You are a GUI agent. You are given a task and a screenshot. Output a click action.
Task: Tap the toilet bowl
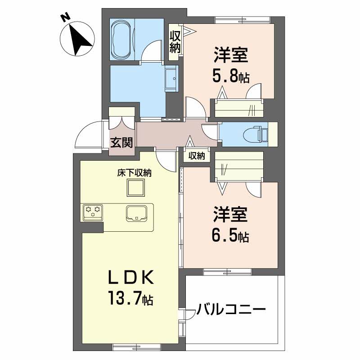(253, 134)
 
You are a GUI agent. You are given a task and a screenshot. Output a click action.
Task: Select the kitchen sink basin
(136, 213)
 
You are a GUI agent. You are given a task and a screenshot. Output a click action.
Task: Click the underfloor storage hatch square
(136, 188)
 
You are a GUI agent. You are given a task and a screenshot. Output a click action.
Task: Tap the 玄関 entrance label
(121, 143)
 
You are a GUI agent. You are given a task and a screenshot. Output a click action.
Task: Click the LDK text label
(131, 278)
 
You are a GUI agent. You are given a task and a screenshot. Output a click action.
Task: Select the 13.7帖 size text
(131, 297)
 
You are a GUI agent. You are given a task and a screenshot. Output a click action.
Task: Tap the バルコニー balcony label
(231, 309)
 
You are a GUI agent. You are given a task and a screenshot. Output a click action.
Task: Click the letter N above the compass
(66, 18)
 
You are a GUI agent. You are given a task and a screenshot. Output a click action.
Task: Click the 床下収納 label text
(134, 173)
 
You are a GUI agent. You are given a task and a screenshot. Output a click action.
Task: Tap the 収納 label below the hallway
(197, 156)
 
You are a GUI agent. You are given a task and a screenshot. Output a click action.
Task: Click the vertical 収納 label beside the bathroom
(175, 42)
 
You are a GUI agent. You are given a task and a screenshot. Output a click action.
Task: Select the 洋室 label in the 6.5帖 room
(230, 214)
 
